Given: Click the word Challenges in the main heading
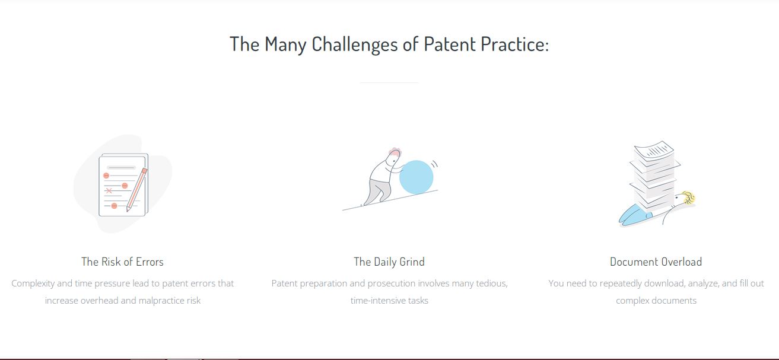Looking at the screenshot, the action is point(354,45).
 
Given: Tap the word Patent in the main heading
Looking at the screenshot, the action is point(449,44).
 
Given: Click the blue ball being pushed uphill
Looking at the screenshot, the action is point(416,177).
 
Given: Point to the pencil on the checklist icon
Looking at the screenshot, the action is point(136,190).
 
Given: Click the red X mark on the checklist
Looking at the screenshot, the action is point(109,190).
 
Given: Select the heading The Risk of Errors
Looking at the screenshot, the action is point(122,262).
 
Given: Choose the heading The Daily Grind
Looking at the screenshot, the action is point(389,262).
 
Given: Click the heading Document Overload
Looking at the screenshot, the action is point(656,262).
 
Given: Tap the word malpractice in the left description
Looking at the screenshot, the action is point(161,301).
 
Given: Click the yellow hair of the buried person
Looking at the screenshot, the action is point(689,197).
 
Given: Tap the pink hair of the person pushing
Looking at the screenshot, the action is point(395,151).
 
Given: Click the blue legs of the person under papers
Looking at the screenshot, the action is point(633,215).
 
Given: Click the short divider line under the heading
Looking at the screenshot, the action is point(389,82).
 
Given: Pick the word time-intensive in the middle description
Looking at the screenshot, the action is point(378,301).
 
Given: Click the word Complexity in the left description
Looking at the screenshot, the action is point(33,283).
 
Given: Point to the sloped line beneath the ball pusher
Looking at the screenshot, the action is point(390,200).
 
